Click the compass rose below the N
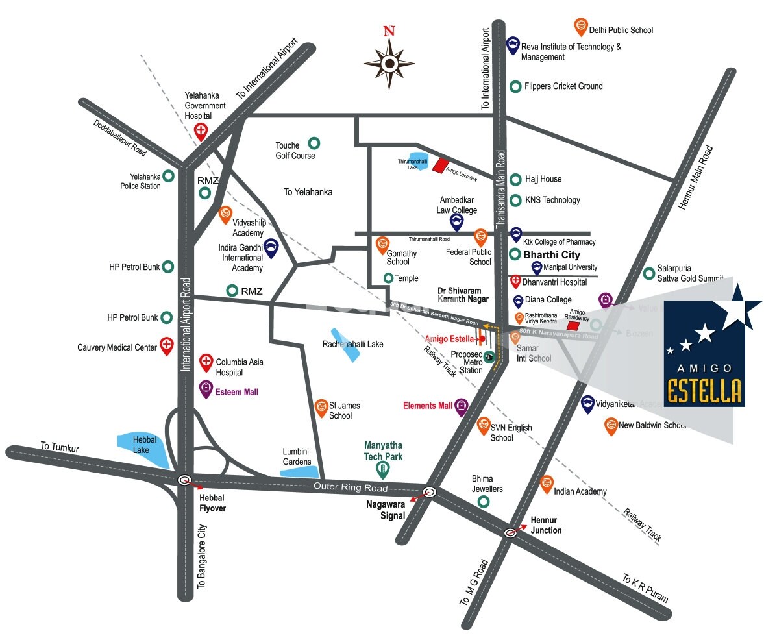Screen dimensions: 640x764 click(389, 64)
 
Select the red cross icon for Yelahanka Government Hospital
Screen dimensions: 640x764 click(202, 130)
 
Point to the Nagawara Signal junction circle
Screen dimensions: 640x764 click(428, 491)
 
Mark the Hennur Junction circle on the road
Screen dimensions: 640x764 click(511, 532)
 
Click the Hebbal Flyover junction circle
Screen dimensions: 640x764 click(185, 480)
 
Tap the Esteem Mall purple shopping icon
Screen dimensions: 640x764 click(206, 389)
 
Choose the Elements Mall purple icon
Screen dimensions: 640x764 click(461, 406)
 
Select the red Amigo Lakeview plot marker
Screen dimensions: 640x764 click(441, 166)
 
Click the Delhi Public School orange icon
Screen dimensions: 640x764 click(580, 27)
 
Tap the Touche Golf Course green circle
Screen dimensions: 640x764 click(314, 143)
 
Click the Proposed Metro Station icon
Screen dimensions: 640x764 click(489, 356)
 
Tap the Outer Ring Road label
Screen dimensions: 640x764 click(350, 487)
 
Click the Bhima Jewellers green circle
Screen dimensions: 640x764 click(484, 501)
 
